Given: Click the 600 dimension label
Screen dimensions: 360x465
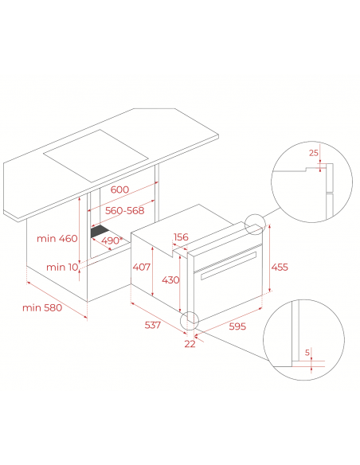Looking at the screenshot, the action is tap(119, 190).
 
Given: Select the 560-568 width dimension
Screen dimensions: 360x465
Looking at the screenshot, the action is tap(124, 210).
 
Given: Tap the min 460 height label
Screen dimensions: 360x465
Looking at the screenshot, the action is tap(57, 238).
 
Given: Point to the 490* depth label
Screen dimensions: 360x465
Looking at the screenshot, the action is tap(112, 240).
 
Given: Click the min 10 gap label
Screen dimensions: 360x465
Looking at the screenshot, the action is tap(62, 268).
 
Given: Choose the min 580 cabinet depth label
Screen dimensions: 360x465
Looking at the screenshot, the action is tap(42, 307).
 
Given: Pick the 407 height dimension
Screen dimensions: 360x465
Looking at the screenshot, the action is tap(142, 267).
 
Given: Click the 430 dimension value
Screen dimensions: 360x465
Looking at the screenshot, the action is tap(170, 279).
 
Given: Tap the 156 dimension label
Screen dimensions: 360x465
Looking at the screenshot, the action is tap(181, 237).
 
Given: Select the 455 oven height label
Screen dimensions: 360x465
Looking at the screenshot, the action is tap(280, 267).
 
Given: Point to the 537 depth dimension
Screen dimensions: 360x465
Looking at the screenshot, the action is tap(152, 325).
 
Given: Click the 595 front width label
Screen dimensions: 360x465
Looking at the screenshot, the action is tap(237, 326).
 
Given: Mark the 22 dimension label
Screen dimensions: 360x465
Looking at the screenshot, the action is tap(190, 344).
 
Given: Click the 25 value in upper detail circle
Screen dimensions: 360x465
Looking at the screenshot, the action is tap(314, 153).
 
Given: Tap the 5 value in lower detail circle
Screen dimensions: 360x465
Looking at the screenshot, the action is tap(307, 352).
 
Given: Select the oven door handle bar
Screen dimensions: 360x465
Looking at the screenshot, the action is tap(229, 266).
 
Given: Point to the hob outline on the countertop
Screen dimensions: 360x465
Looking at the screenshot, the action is tap(96, 156).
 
